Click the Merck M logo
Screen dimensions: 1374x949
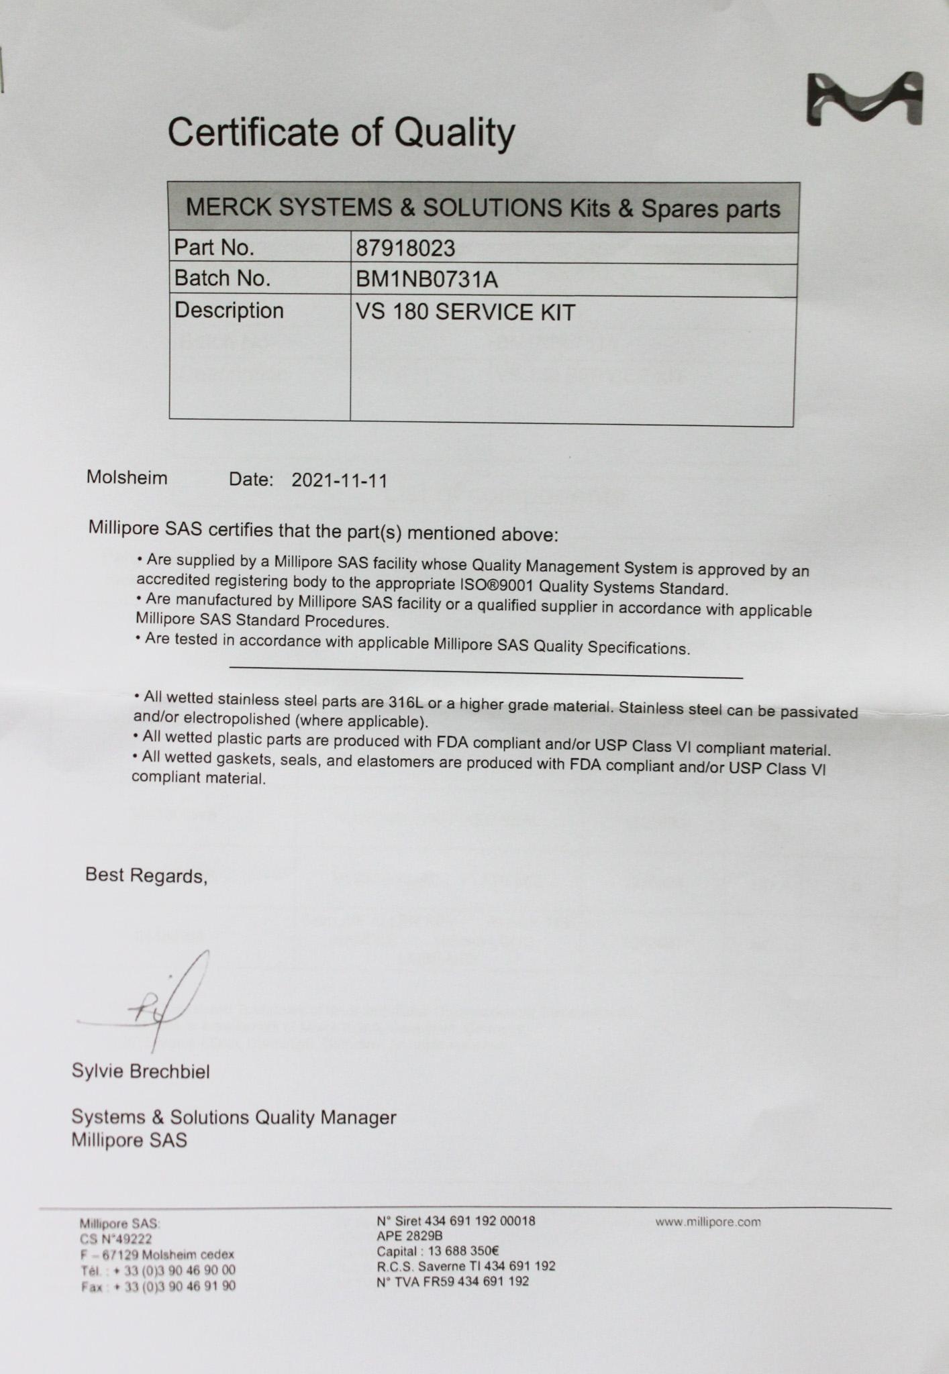[864, 99]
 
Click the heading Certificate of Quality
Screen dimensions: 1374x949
[341, 132]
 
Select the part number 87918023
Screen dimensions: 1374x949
[405, 249]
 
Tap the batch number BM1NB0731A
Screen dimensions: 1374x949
[427, 279]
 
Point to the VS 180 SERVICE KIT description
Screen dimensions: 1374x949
[465, 313]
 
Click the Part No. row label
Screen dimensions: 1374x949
[214, 248]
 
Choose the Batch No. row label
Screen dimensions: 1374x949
[222, 278]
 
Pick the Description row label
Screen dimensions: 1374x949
[229, 311]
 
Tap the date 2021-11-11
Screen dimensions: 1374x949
[340, 480]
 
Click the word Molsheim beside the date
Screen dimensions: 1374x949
[127, 478]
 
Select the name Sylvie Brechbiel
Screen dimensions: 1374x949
[141, 1071]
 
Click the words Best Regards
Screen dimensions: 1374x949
[146, 875]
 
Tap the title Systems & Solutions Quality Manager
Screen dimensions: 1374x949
[234, 1117]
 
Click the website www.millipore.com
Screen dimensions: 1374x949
[708, 1222]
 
